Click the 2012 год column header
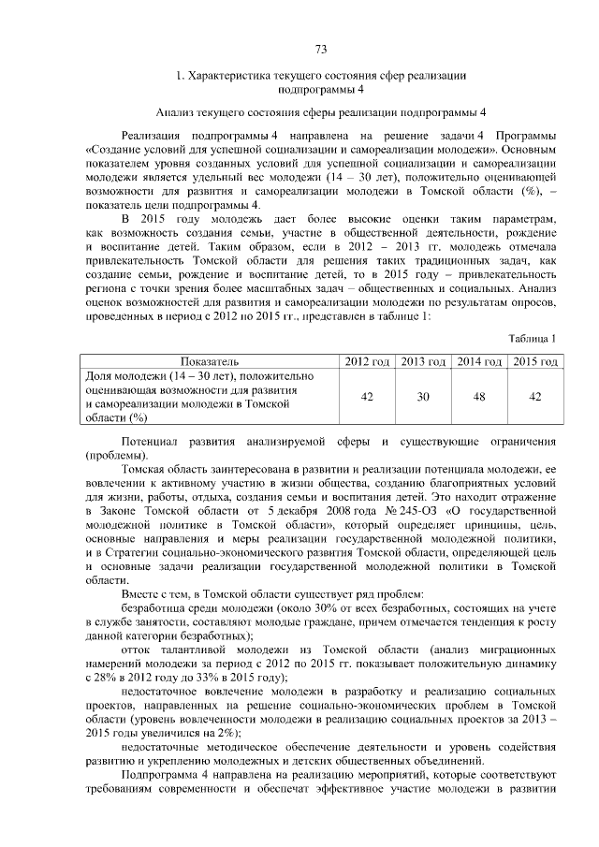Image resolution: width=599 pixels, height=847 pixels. pyautogui.click(x=367, y=361)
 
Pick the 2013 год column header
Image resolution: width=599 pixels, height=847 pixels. pyautogui.click(x=423, y=361)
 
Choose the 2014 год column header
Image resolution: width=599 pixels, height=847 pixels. pyautogui.click(x=478, y=361)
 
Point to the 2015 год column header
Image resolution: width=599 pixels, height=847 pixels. pyautogui.click(x=534, y=361)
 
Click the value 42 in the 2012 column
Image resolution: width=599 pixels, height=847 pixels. pyautogui.click(x=367, y=397)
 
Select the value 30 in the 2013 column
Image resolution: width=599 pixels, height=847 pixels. pyautogui.click(x=423, y=397)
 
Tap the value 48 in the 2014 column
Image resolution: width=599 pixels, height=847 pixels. pyautogui.click(x=478, y=397)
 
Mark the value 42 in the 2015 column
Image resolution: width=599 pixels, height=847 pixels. pyautogui.click(x=534, y=397)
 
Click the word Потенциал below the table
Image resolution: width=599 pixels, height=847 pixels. pyautogui.click(x=149, y=440)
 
